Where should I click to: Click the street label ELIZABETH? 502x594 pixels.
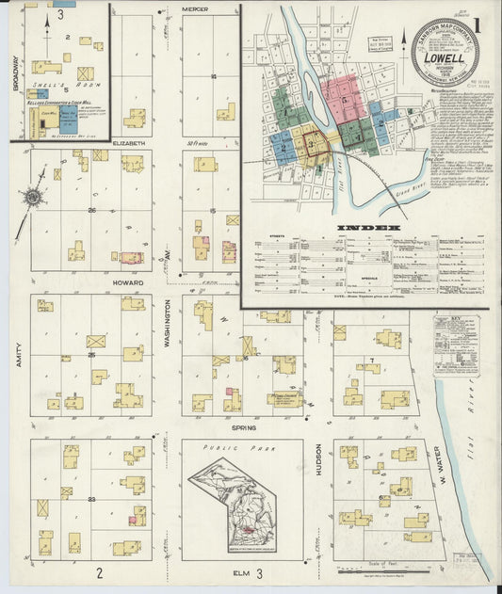point(129,142)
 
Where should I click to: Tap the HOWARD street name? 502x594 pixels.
point(127,282)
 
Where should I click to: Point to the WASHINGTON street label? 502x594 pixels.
point(168,324)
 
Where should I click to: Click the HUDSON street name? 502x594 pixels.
point(318,461)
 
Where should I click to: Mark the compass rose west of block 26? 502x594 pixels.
point(33,197)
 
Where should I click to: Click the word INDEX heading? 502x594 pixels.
point(366,228)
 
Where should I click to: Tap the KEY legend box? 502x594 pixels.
point(456,345)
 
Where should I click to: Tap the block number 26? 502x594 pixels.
point(91,210)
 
